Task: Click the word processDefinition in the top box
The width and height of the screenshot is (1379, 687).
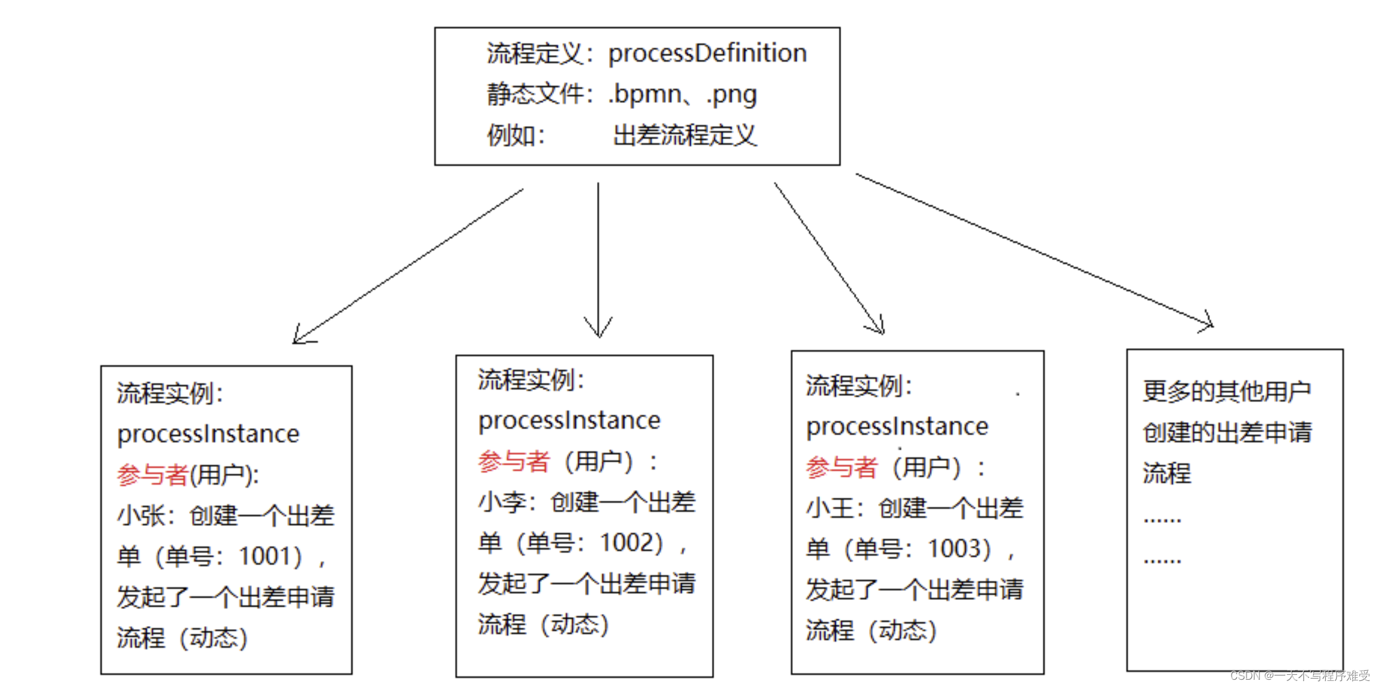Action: click(707, 53)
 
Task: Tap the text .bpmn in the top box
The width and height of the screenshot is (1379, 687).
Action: click(644, 94)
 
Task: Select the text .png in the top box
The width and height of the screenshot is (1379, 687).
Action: click(731, 94)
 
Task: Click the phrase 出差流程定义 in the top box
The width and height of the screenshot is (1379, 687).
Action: click(685, 135)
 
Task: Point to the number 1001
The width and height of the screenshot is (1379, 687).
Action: click(270, 556)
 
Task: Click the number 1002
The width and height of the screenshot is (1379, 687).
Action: click(631, 542)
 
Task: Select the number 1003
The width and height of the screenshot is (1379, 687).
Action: click(959, 549)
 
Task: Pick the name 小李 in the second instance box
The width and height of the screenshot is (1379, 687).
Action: click(502, 502)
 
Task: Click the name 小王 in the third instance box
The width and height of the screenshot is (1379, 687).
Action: click(829, 508)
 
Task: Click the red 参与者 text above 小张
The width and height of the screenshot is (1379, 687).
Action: click(152, 475)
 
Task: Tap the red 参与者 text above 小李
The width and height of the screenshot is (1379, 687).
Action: click(513, 462)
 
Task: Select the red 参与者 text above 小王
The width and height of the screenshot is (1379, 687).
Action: click(841, 468)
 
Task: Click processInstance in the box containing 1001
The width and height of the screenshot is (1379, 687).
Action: click(208, 434)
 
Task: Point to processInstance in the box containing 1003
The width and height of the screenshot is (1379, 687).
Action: click(897, 427)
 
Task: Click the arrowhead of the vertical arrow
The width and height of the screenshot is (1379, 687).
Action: click(598, 332)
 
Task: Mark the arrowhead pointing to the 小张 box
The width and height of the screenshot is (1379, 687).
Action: click(297, 340)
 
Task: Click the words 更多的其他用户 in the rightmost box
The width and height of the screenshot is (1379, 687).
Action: click(1227, 392)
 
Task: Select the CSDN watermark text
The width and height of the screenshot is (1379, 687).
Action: click(1300, 676)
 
